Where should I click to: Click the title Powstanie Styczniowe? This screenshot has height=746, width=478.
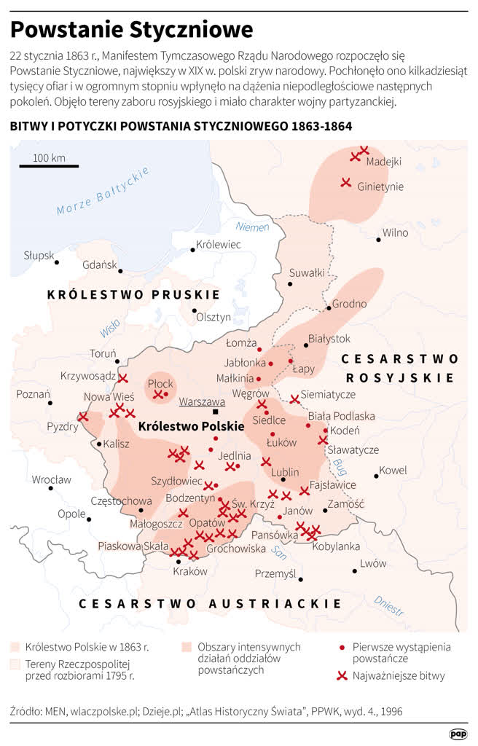[131, 29]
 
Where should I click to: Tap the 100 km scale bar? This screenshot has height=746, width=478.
[49, 167]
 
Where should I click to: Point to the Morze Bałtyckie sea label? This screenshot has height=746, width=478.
[103, 191]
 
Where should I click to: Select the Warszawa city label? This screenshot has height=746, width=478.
[202, 401]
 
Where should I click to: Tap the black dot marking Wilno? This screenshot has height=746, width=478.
[378, 239]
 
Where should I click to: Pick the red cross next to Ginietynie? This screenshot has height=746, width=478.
[347, 182]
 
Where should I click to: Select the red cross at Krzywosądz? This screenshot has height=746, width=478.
[123, 378]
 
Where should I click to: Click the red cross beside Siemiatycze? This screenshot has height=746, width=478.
[294, 398]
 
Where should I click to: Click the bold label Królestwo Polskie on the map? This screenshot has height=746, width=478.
[190, 425]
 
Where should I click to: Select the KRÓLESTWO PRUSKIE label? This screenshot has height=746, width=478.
[133, 294]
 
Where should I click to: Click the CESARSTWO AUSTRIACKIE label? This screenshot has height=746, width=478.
[210, 603]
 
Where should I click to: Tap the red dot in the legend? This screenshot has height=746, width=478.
[342, 646]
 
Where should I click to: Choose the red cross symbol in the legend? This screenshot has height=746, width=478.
[341, 675]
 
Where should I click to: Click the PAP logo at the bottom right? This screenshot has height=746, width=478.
[458, 734]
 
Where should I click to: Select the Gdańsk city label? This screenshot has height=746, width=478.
[100, 264]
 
